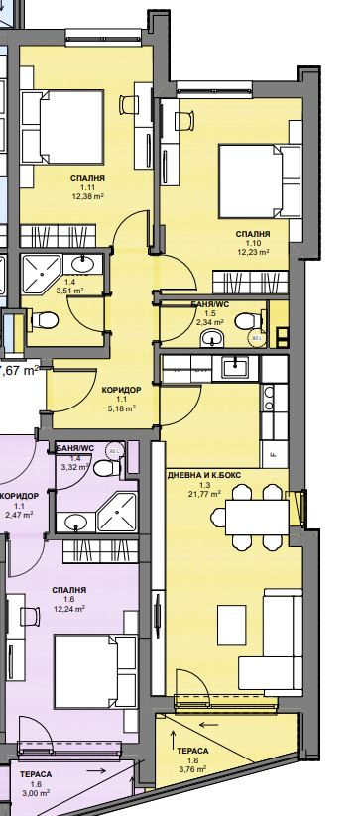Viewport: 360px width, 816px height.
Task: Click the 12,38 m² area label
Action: coord(88,195)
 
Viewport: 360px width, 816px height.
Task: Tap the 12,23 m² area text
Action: coord(253,252)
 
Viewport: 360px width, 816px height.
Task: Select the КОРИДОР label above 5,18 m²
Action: coord(121,391)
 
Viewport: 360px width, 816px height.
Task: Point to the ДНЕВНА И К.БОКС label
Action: coord(218,474)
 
